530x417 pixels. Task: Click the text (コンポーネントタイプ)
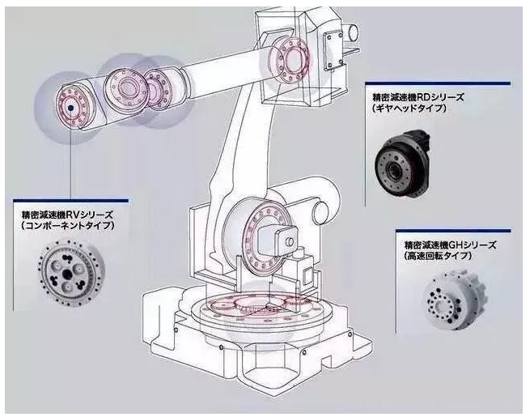68,225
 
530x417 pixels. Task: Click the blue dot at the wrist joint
71,106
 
